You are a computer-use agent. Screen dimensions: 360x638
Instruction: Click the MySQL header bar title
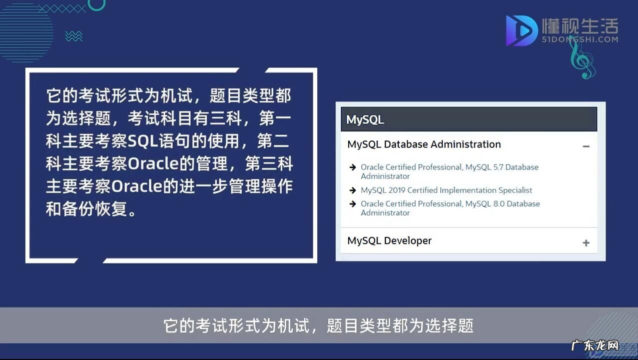365,120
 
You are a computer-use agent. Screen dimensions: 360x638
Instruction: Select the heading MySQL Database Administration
423,144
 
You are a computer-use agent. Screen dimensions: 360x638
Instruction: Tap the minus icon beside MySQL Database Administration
586,146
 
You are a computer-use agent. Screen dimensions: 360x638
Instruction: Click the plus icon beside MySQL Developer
586,243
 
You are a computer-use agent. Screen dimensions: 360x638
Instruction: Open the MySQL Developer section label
389,240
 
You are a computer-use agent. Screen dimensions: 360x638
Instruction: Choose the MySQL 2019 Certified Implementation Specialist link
446,190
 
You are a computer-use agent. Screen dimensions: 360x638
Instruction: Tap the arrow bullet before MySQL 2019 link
353,190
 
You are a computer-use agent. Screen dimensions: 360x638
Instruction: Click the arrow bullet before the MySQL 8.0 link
353,204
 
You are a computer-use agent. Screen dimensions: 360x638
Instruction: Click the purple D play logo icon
521,30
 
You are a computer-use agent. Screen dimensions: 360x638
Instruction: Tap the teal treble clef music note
582,58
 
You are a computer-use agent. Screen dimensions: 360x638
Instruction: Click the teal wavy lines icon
74,36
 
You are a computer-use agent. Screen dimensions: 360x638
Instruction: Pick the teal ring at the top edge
97,3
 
